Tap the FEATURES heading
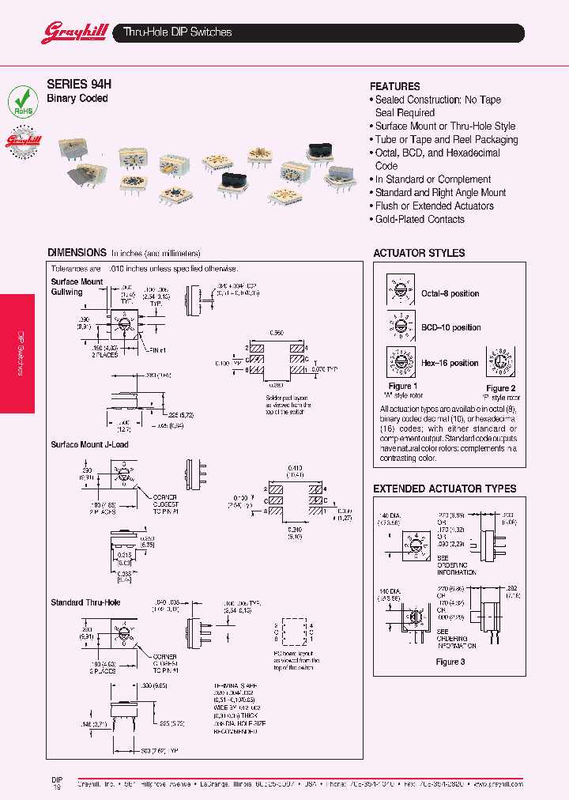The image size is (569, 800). coord(394,86)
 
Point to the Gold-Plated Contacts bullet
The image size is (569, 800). coord(420,219)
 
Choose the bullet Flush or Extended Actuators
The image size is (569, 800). coord(434,206)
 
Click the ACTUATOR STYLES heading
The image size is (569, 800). coord(419,253)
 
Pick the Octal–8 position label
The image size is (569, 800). coord(450,293)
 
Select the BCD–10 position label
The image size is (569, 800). coord(450,327)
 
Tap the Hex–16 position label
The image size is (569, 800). coord(450,363)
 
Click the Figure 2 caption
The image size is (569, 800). coord(500,388)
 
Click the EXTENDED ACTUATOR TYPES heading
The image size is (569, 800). coord(444,489)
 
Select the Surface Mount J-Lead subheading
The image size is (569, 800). coord(89,444)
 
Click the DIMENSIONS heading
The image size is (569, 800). coord(77,252)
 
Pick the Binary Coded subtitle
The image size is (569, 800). coord(77,99)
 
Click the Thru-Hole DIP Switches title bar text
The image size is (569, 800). coord(178,32)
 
